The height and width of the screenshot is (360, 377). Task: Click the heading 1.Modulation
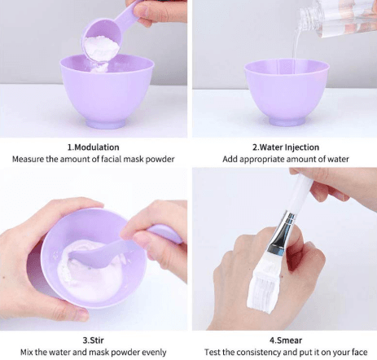[x=93, y=147]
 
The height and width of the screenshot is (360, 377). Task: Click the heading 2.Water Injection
[x=286, y=147]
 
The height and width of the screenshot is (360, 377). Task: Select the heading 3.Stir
[x=93, y=340]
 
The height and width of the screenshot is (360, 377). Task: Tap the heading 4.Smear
[x=286, y=340]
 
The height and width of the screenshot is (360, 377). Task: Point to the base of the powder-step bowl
[x=105, y=123]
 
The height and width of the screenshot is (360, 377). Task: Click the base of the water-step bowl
[x=287, y=121]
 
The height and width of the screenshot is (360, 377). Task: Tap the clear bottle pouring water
[x=338, y=18]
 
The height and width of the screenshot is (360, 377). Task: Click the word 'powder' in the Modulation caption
[x=160, y=159]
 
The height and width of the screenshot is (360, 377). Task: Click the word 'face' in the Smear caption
[x=359, y=352]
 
